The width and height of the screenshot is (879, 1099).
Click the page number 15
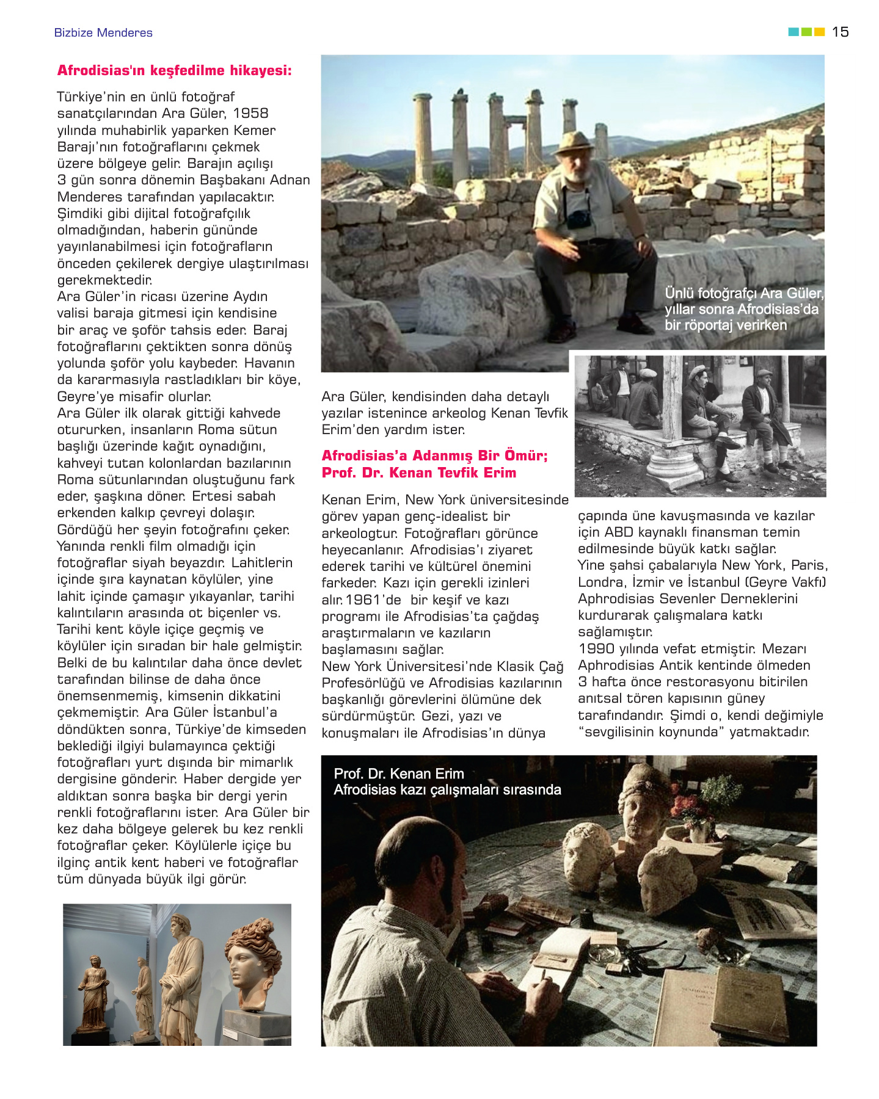click(840, 32)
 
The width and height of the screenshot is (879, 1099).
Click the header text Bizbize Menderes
click(103, 33)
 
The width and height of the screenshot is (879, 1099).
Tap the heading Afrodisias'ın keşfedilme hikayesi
click(174, 71)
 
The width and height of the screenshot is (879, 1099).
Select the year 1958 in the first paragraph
click(250, 114)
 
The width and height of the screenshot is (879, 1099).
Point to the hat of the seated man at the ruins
click(574, 142)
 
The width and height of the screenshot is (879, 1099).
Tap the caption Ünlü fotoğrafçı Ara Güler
click(743, 294)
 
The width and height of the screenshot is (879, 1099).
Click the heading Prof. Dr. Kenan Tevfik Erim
click(418, 473)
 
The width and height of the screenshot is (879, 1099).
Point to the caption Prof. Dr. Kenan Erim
click(398, 774)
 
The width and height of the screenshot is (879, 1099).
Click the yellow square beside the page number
click(819, 32)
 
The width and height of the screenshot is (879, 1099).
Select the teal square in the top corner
click(793, 32)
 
